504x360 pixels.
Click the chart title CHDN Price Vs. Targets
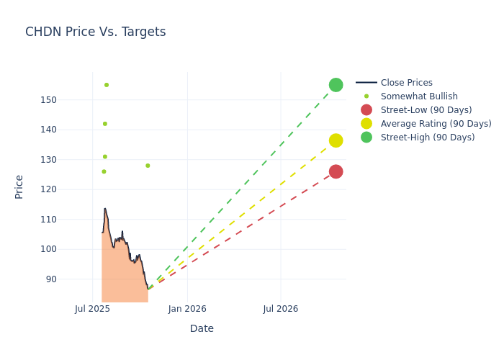tap(95, 32)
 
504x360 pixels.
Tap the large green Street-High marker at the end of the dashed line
tap(336, 85)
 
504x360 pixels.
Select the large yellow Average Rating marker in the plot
tap(336, 140)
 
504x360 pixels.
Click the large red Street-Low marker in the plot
tap(336, 171)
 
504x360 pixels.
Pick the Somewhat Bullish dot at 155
tap(107, 85)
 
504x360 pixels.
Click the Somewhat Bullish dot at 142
tap(105, 124)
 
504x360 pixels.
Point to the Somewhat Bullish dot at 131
tap(105, 156)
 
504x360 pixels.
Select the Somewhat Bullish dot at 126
tap(104, 171)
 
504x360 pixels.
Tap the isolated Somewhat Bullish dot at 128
tap(148, 166)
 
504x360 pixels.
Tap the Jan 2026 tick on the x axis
tap(187, 309)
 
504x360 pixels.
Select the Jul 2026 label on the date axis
tap(281, 309)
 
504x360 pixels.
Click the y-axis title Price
tap(19, 186)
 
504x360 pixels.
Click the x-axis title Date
tap(202, 329)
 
